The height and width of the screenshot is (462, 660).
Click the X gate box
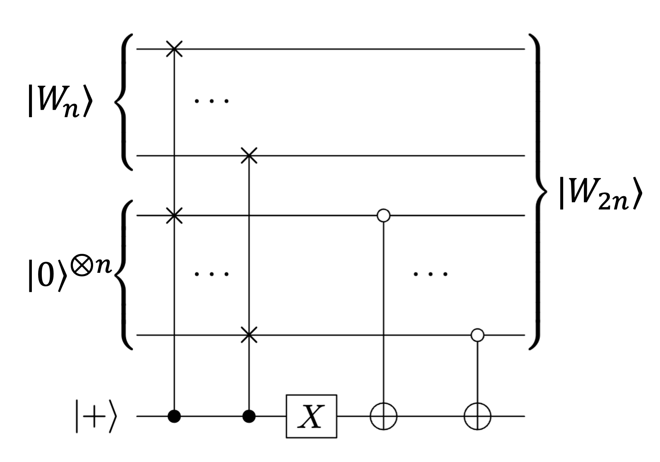pyautogui.click(x=311, y=416)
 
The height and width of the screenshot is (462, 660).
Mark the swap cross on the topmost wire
pyautogui.click(x=174, y=49)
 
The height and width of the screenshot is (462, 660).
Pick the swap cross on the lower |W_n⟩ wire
pyautogui.click(x=249, y=156)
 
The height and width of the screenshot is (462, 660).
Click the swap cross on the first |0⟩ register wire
pyautogui.click(x=174, y=215)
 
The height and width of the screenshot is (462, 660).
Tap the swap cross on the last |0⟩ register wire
pyautogui.click(x=249, y=334)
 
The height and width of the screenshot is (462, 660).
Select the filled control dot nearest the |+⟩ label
pyautogui.click(x=174, y=416)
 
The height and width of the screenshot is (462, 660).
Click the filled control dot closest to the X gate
pyautogui.click(x=249, y=416)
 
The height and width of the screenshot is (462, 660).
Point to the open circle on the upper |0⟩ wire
pyautogui.click(x=383, y=215)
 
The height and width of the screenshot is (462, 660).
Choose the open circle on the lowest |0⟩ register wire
pyautogui.click(x=478, y=334)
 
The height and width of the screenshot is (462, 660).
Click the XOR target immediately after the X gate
pyautogui.click(x=383, y=416)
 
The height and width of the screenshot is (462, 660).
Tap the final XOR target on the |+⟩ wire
pyautogui.click(x=478, y=416)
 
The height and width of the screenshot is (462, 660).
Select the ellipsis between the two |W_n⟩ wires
pyautogui.click(x=212, y=101)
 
